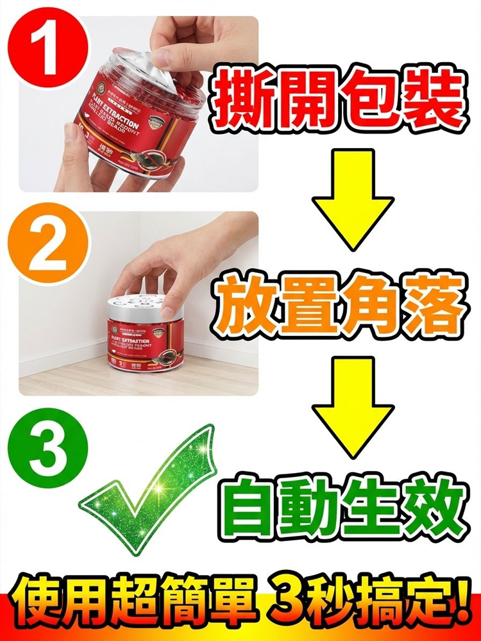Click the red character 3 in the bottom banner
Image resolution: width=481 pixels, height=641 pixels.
point(288,604)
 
